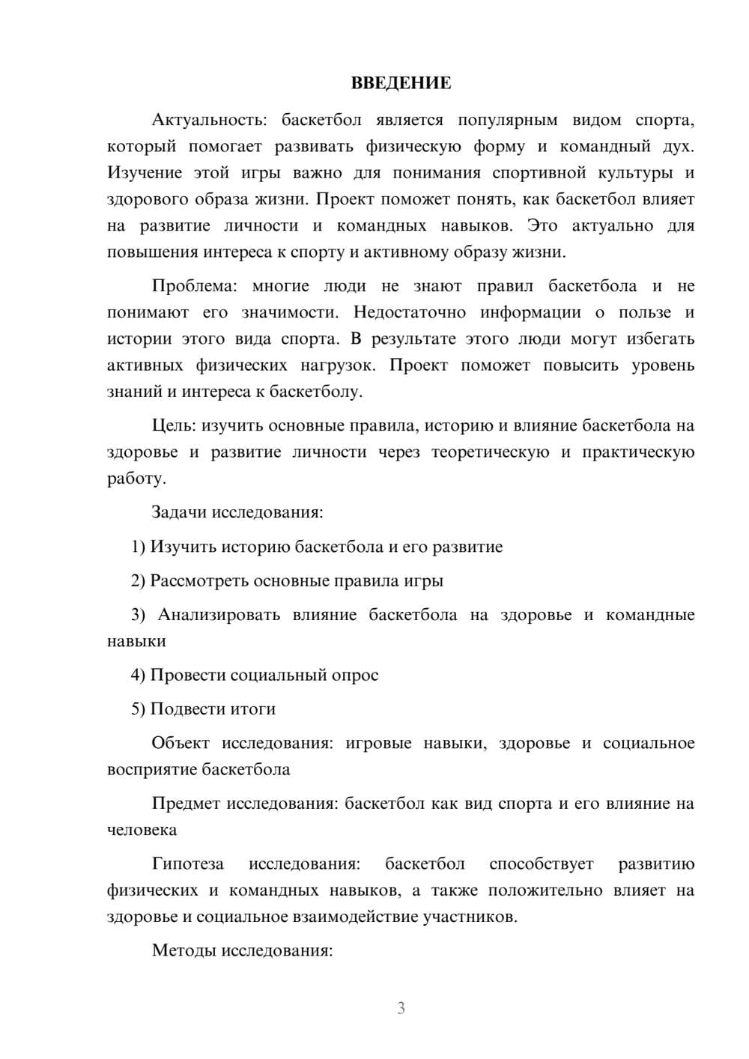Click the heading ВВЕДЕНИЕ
click(x=401, y=83)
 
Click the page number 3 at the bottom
click(x=401, y=1008)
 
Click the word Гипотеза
click(x=188, y=864)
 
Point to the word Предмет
click(x=186, y=804)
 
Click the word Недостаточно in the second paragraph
click(x=410, y=312)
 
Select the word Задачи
click(x=179, y=512)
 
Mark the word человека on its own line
click(x=142, y=830)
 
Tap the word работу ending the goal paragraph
click(x=135, y=479)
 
